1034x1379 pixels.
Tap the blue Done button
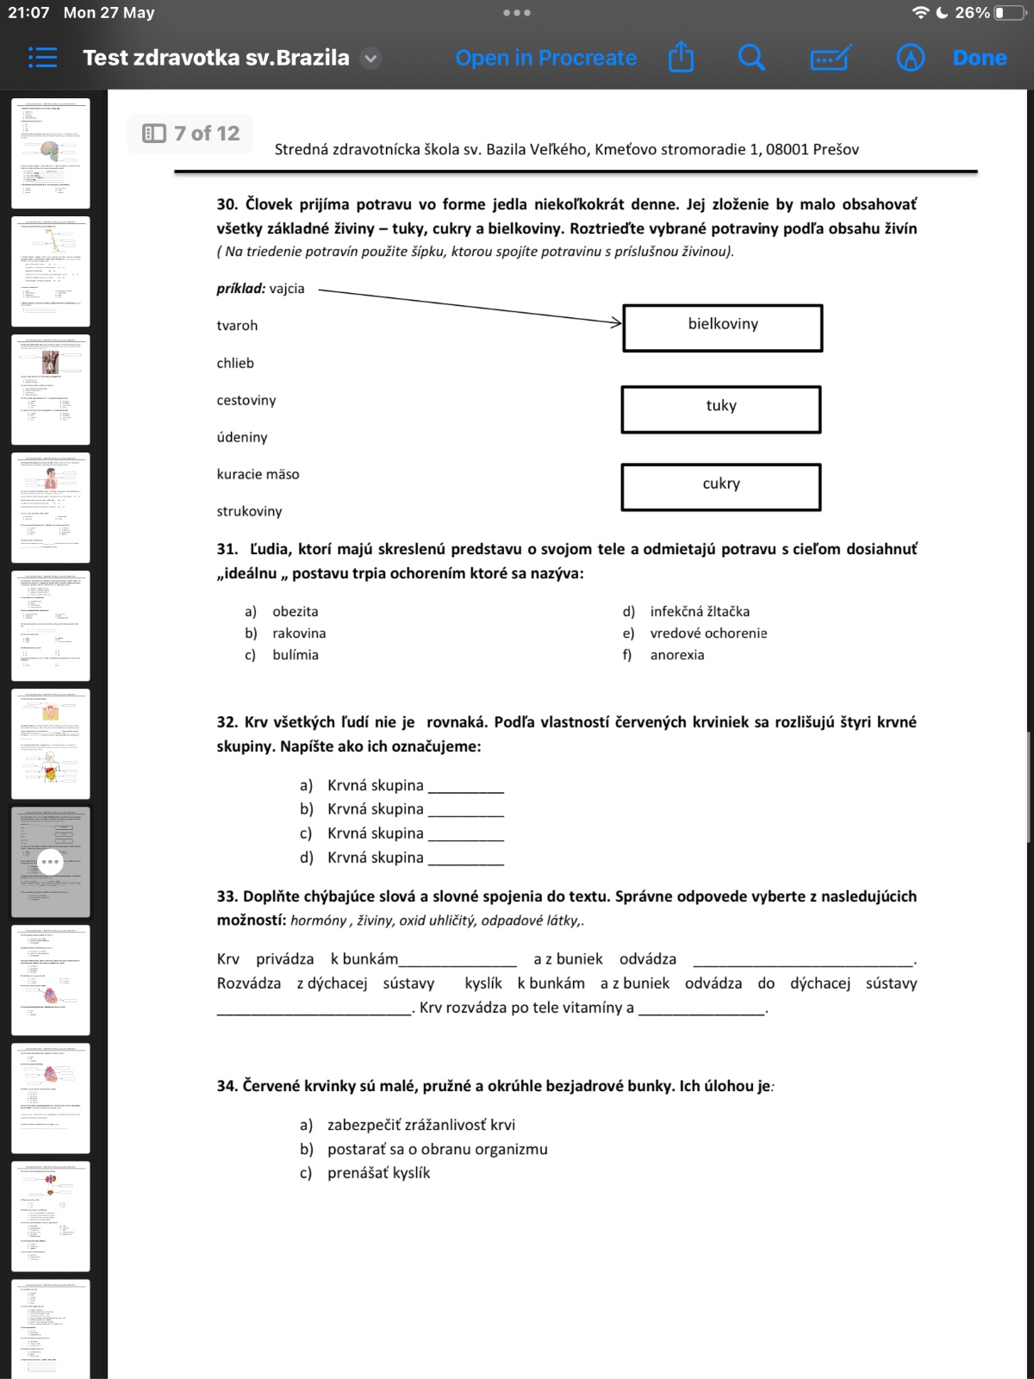pyautogui.click(x=979, y=58)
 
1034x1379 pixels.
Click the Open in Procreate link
pyautogui.click(x=545, y=58)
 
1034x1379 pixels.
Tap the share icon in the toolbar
pyautogui.click(x=681, y=58)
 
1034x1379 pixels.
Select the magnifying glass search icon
pyautogui.click(x=751, y=58)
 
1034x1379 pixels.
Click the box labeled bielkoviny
pyautogui.click(x=722, y=328)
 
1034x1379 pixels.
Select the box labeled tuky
pyautogui.click(x=720, y=409)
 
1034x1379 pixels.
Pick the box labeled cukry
pyautogui.click(x=720, y=487)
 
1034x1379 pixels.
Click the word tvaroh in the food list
pyautogui.click(x=237, y=326)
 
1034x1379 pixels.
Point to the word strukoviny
pyautogui.click(x=249, y=511)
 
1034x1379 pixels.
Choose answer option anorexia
pyautogui.click(x=676, y=655)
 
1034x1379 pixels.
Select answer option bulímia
pyautogui.click(x=295, y=655)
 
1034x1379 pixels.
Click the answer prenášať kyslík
pyautogui.click(x=378, y=1173)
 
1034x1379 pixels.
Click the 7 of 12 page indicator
pyautogui.click(x=191, y=134)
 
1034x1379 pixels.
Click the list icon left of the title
pyautogui.click(x=42, y=58)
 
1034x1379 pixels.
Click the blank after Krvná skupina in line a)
pyautogui.click(x=465, y=787)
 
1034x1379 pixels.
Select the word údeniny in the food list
pyautogui.click(x=242, y=437)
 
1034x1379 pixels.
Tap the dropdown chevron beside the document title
pyautogui.click(x=371, y=59)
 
